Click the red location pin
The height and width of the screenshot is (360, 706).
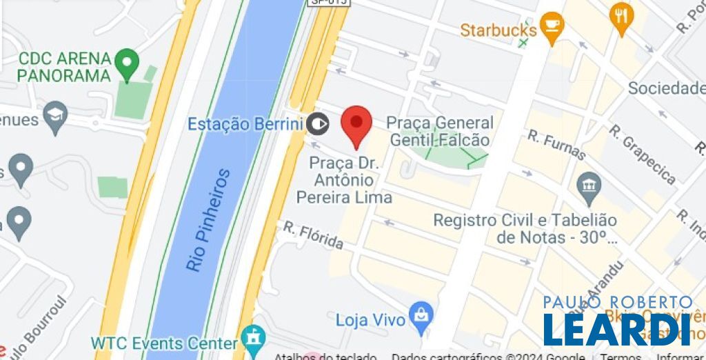point(356,124)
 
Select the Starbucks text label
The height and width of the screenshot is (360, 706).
point(498,30)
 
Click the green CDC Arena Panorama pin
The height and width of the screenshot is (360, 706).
point(126,63)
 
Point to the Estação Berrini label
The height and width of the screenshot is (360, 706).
point(245,124)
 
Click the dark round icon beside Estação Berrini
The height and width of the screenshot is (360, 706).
point(318,124)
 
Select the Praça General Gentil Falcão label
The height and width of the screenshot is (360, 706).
point(439,131)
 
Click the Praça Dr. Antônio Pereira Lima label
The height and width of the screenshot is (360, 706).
point(343,180)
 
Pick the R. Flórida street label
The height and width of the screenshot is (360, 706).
point(314,234)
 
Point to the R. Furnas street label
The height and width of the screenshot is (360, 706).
point(556,146)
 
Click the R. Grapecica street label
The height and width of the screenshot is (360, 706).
point(642,154)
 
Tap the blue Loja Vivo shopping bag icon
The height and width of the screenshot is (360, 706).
point(421,314)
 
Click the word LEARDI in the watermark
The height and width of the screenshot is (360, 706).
point(616,330)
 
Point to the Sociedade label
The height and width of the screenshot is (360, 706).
point(666,88)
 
